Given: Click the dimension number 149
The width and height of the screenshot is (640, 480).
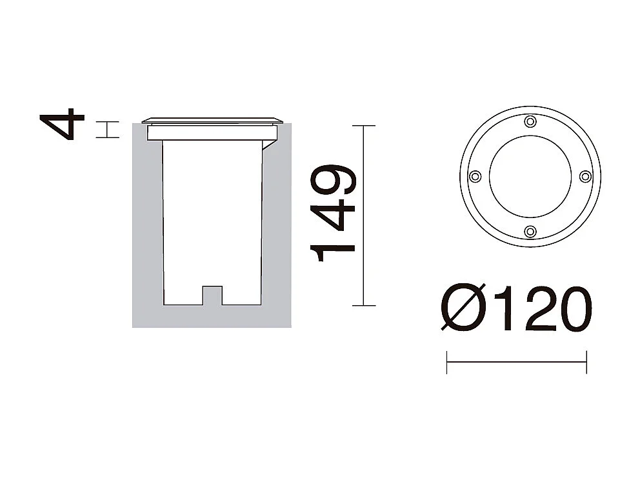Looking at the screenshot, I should tap(334, 214).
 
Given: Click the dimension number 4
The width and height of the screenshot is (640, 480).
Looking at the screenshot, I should tap(63, 125).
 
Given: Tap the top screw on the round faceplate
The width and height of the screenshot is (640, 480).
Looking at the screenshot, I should tap(530, 121).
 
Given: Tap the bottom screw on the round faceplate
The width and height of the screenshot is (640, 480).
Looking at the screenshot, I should tap(530, 231).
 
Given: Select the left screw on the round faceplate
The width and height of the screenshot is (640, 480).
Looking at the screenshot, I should tap(475, 176).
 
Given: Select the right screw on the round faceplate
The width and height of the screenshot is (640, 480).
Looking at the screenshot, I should tap(585, 176).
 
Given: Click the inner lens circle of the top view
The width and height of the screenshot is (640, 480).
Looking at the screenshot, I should tap(530, 176).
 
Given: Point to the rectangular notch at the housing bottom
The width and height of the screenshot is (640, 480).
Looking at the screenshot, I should tap(212, 295).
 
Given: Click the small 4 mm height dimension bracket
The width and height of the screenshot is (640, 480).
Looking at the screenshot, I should tap(108, 129).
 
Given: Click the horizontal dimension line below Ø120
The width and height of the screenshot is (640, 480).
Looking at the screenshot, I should tap(516, 362).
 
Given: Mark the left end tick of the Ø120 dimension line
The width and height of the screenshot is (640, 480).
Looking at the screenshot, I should tap(446, 362).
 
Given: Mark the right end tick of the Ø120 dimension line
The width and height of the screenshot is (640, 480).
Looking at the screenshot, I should tap(586, 362).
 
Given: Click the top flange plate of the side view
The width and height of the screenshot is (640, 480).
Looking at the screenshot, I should tap(212, 120).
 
